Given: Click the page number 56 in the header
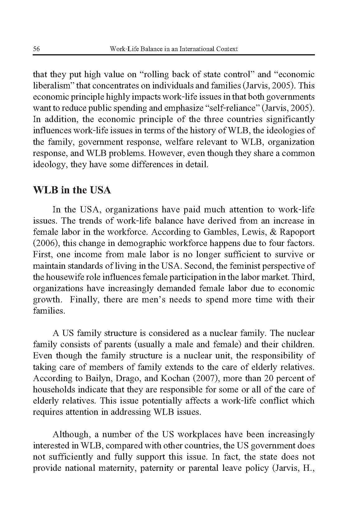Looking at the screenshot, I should (36, 49).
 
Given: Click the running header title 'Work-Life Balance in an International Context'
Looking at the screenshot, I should (174, 49).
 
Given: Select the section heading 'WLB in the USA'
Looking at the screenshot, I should (72, 190).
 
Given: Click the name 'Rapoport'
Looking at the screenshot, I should (298, 232).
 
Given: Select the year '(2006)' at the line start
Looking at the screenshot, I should (44, 243).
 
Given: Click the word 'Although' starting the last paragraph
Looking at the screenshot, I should (70, 434).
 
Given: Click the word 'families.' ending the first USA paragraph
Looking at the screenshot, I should (49, 311).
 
